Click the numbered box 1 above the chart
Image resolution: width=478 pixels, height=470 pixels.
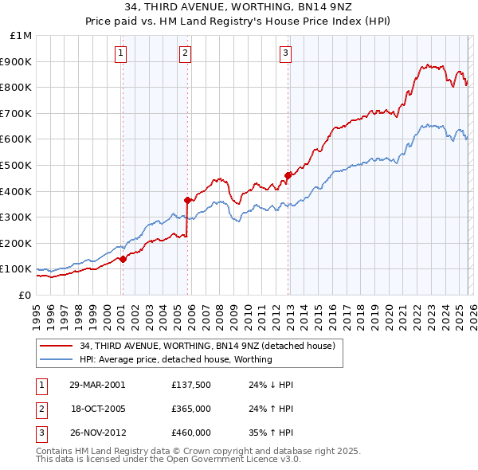120,53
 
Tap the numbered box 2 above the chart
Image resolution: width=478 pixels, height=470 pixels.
185,53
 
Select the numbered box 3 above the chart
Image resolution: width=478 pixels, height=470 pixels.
285,53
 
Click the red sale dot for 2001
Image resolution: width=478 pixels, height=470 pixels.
123,259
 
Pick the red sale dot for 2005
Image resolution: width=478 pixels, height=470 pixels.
188,200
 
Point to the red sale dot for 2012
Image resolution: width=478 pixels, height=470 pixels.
288,175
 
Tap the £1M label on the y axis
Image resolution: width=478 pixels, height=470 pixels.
22,35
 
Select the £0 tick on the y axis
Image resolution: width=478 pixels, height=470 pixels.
26,295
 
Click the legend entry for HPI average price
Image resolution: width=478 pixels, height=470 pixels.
176,359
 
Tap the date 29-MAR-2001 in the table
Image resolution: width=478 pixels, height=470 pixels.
97,385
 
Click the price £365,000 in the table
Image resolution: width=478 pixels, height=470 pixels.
190,409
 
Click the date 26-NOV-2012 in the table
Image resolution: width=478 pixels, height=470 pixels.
97,433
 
